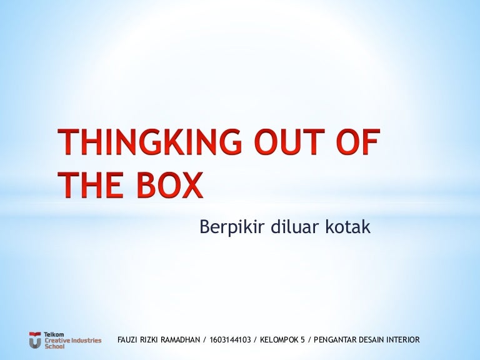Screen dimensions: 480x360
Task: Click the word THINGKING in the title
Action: point(149,141)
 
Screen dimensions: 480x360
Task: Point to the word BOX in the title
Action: point(170,184)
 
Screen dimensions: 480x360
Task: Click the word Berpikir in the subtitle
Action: point(232,227)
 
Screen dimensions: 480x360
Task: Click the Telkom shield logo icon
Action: point(35,340)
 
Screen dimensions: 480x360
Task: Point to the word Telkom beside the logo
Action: point(54,334)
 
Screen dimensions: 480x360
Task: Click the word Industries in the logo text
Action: point(86,341)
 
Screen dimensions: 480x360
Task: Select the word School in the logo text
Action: point(54,346)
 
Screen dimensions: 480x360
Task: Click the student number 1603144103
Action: point(230,340)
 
